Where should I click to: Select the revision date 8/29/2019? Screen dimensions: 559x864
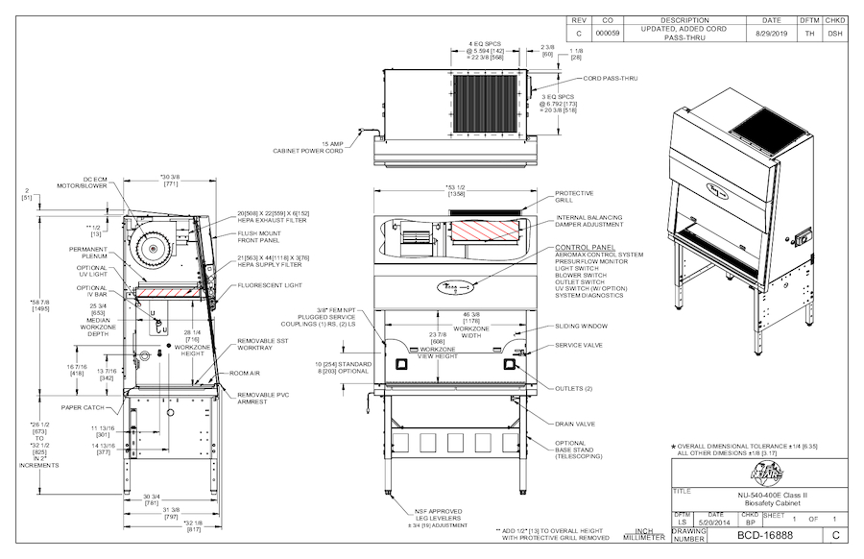(x=771, y=33)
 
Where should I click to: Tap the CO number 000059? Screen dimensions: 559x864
(x=608, y=33)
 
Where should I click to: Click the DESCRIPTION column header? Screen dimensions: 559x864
(x=684, y=19)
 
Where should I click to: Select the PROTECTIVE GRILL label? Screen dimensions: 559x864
(x=574, y=197)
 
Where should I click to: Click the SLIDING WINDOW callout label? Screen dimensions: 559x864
(x=581, y=326)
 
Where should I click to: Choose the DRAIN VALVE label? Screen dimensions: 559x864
(x=574, y=423)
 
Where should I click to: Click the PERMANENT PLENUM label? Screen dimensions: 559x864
(x=87, y=253)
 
